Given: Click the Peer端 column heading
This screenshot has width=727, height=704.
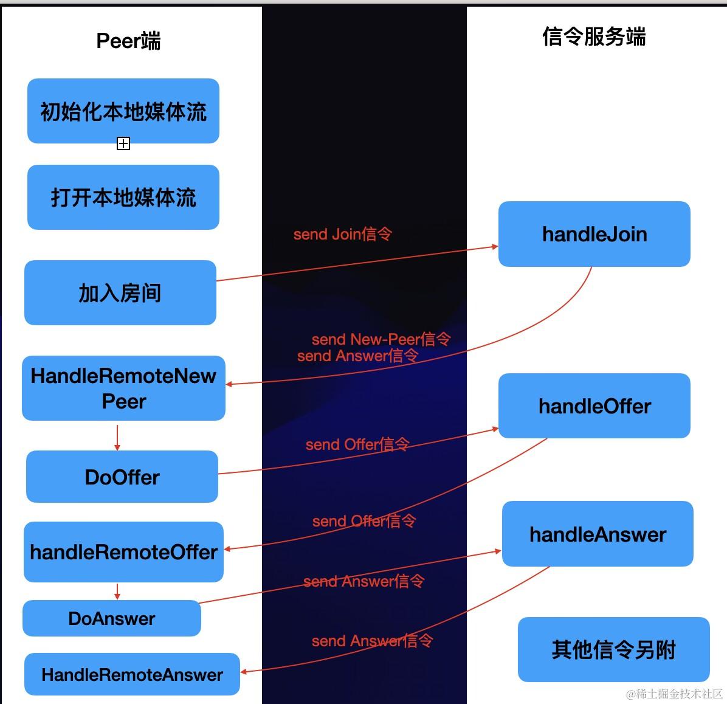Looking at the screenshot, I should pos(128,41).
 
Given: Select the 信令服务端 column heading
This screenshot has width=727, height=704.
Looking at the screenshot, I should pos(593,36).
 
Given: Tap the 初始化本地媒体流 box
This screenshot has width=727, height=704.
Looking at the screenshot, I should pos(123,111).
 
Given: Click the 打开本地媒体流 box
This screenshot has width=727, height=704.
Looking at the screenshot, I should pos(123,197).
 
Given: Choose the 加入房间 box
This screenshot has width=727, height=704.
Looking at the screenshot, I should pos(120,292).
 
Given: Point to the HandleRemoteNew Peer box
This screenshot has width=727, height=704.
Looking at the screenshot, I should pos(123,388).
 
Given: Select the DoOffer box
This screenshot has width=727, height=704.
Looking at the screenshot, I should pos(122,477).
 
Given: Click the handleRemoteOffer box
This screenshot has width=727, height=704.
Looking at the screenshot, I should pos(123,551).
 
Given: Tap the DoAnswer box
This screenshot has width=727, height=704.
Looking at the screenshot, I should pos(112,618).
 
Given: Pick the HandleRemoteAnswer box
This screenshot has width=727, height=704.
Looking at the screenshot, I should pos(132,674).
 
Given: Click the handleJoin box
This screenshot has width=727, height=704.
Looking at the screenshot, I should pos(594,234).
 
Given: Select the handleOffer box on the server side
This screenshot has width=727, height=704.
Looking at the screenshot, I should pos(594,405).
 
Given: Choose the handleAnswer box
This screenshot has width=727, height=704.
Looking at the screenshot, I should pos(598,534).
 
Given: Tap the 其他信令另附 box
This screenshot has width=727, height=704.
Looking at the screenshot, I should pos(613,649).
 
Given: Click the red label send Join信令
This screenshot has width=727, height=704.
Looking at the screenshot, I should pos(342,234).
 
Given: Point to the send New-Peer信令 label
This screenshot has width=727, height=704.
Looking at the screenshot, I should pos(381,339).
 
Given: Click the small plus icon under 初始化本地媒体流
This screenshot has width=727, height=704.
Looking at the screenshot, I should pos(123,143).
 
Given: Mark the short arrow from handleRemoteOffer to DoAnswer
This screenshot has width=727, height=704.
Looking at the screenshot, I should pos(117,592).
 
